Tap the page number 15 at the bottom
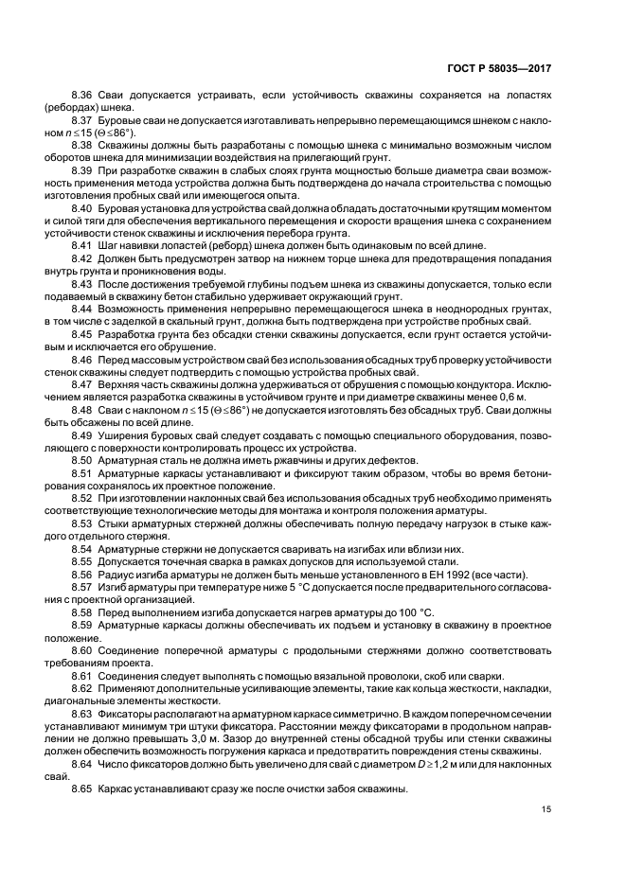pyautogui.click(x=546, y=808)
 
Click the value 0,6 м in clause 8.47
pyautogui.click(x=537, y=399)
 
